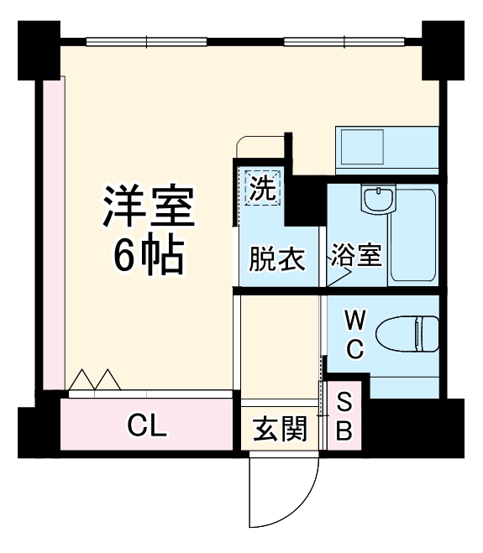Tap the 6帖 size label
150,256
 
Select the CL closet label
147,426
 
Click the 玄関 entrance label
279,430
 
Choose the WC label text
354,334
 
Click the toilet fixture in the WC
407,333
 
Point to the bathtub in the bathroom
413,236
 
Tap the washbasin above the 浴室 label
375,201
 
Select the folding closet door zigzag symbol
94,380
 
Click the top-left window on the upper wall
146,40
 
